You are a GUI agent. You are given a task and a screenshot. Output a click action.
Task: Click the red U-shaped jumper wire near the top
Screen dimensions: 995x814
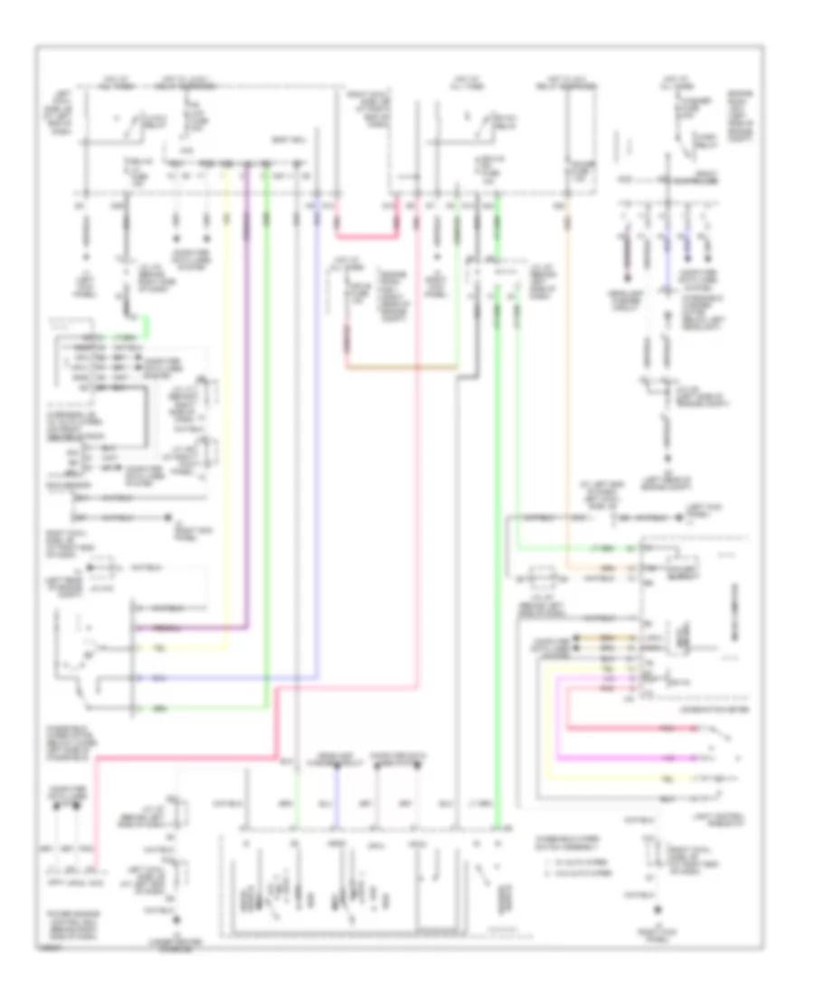[365, 238]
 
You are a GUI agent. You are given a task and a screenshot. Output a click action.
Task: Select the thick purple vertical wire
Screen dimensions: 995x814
[246, 407]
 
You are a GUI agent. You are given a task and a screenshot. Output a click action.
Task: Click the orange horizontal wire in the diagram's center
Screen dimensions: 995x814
[402, 368]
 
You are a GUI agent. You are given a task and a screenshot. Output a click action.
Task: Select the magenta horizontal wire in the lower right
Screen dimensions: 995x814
[633, 754]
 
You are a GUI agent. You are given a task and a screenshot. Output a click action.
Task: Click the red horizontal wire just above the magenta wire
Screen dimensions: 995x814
[633, 730]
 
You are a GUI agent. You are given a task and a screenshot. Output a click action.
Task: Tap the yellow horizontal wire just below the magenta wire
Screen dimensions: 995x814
[633, 777]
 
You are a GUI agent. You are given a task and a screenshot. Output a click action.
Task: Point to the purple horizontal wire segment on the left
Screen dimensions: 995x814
[190, 627]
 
